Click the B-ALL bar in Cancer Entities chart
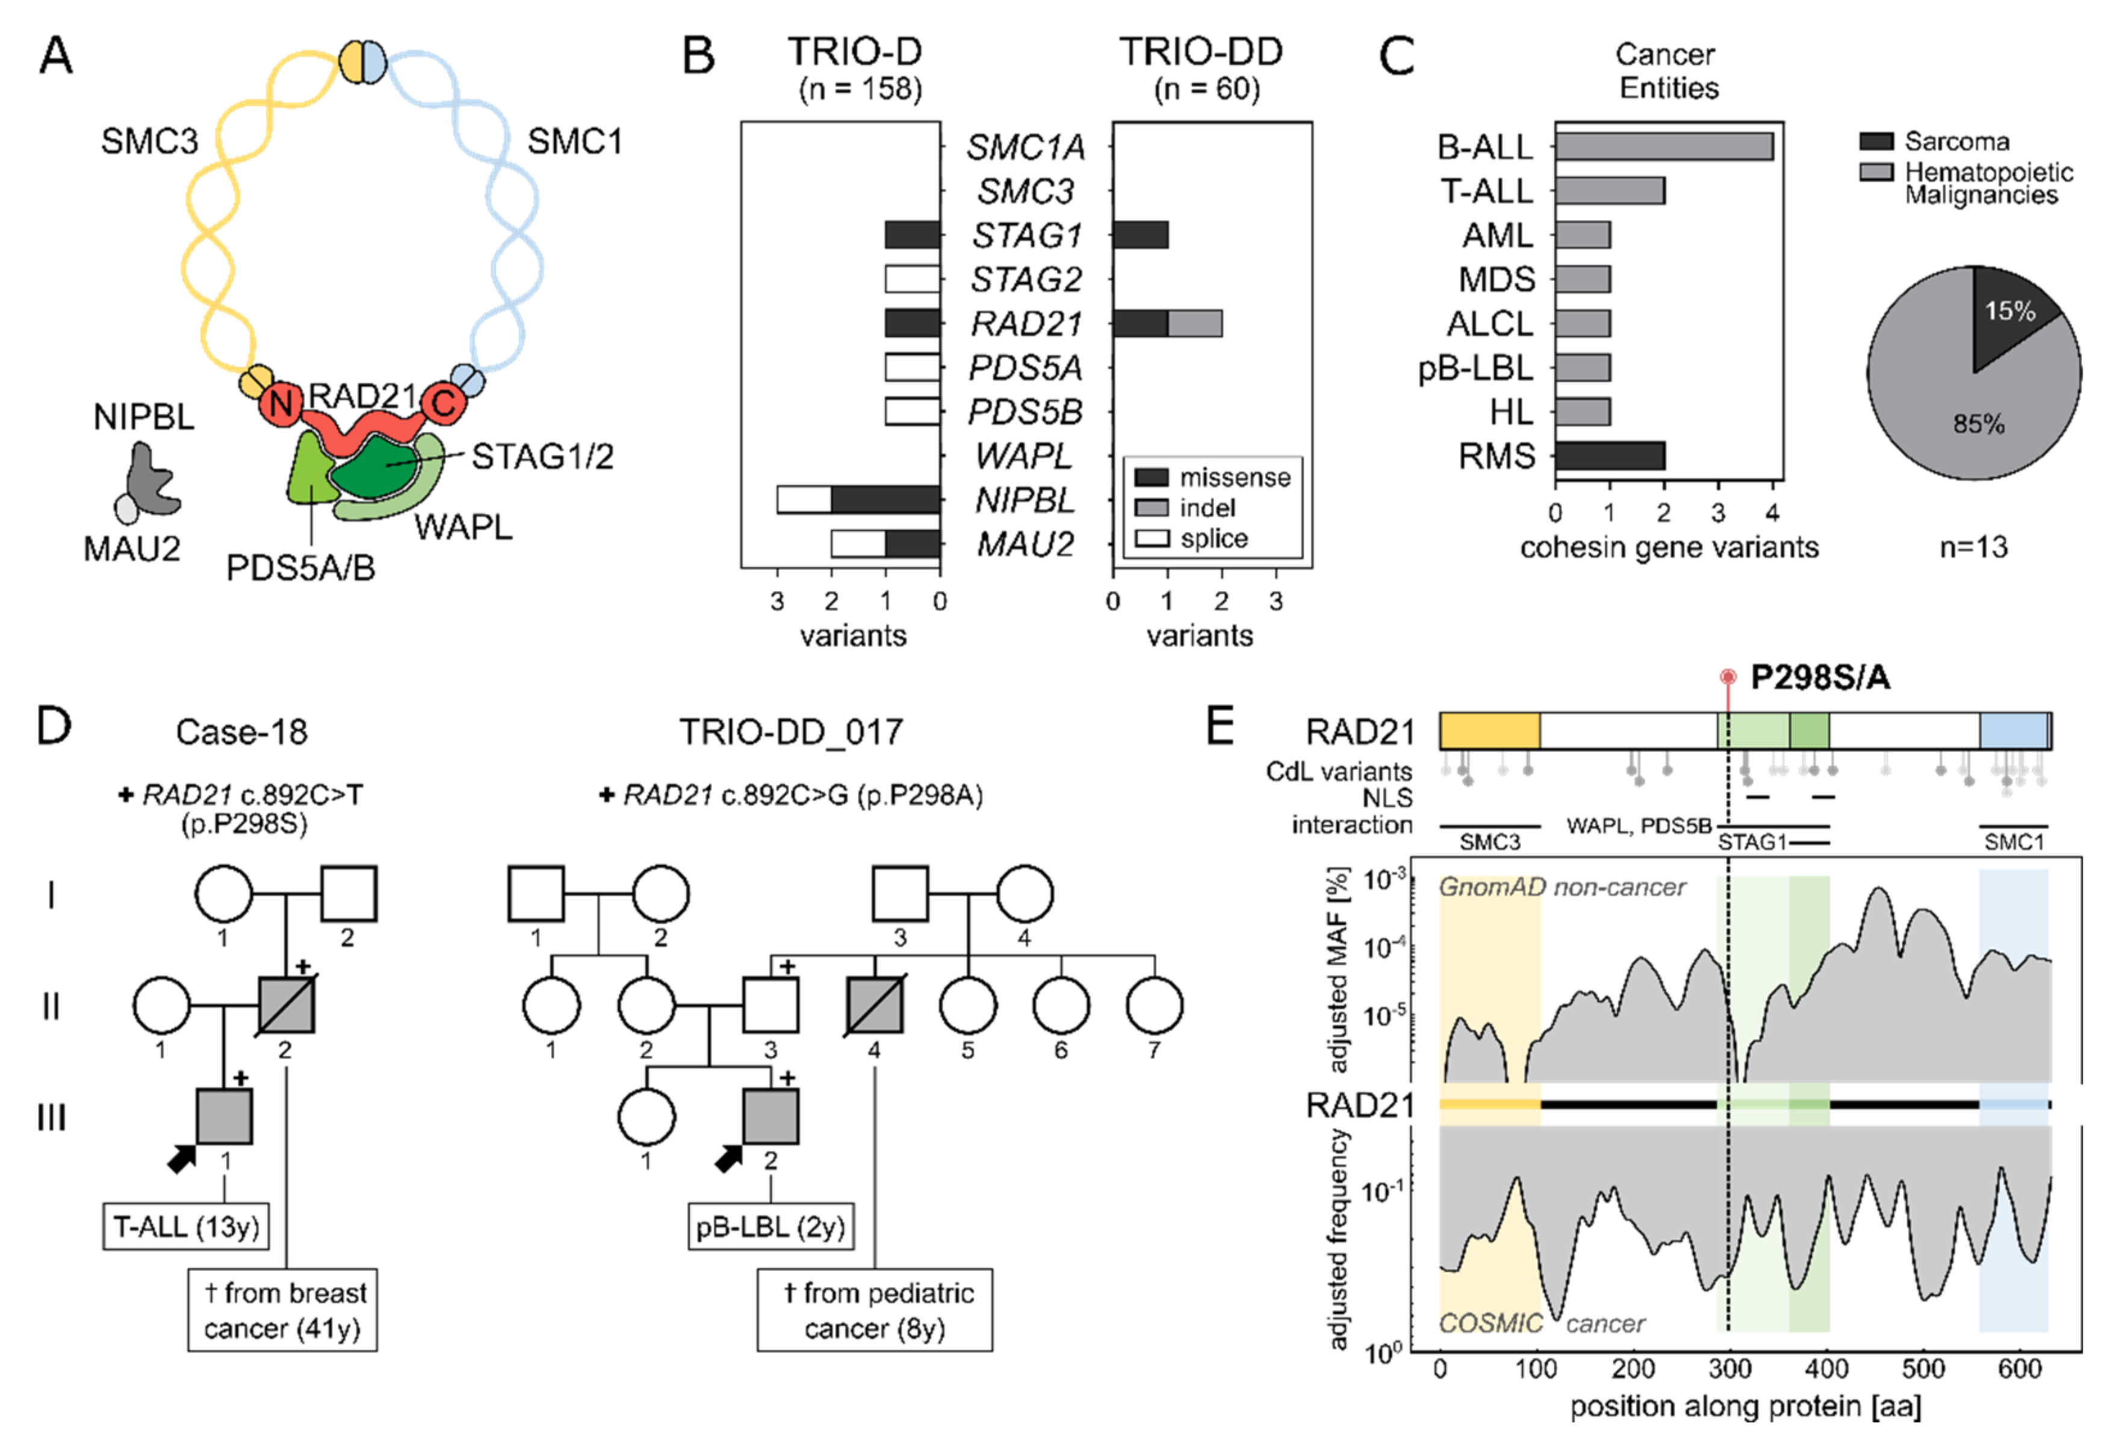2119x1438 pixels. point(1663,146)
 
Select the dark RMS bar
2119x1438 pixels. point(1609,456)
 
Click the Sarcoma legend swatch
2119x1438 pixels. point(1876,142)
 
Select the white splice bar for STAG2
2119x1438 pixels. point(912,279)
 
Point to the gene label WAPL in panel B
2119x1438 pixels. point(1024,455)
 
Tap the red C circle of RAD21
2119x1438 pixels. point(444,402)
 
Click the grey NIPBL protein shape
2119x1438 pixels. point(150,479)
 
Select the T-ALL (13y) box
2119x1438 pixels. point(187,1227)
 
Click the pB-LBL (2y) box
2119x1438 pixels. point(771,1227)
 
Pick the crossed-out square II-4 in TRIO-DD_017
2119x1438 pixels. point(875,1006)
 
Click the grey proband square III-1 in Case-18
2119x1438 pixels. point(225,1116)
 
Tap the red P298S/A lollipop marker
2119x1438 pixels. point(1727,677)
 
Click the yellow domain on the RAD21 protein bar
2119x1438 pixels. point(1489,730)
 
